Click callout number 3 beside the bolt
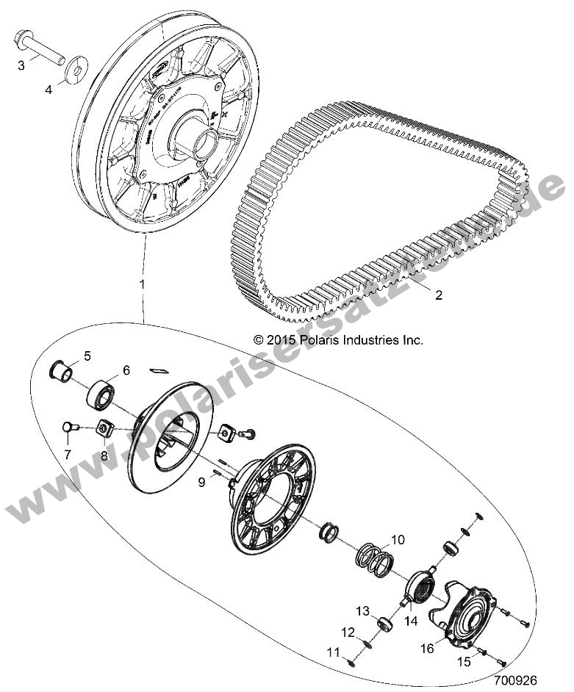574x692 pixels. pos(21,65)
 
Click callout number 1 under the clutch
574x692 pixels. pos(141,283)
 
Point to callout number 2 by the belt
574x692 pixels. pos(500,296)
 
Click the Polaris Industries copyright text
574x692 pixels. pos(338,340)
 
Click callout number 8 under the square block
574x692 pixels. pos(104,455)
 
